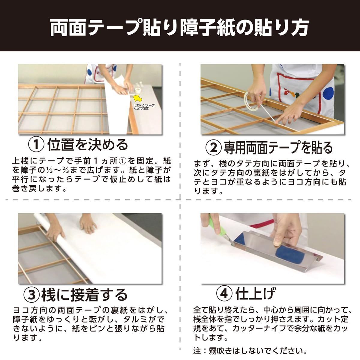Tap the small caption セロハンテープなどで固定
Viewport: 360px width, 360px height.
click(x=144, y=107)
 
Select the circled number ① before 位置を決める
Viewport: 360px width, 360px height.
click(x=36, y=145)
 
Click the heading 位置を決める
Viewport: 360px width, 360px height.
click(x=88, y=145)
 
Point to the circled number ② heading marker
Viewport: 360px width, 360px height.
click(x=214, y=148)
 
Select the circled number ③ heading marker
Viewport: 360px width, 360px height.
click(x=32, y=295)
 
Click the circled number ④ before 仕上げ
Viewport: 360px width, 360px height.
click(x=224, y=294)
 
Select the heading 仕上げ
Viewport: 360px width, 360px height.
click(x=255, y=294)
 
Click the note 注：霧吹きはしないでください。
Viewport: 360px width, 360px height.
click(x=250, y=351)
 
